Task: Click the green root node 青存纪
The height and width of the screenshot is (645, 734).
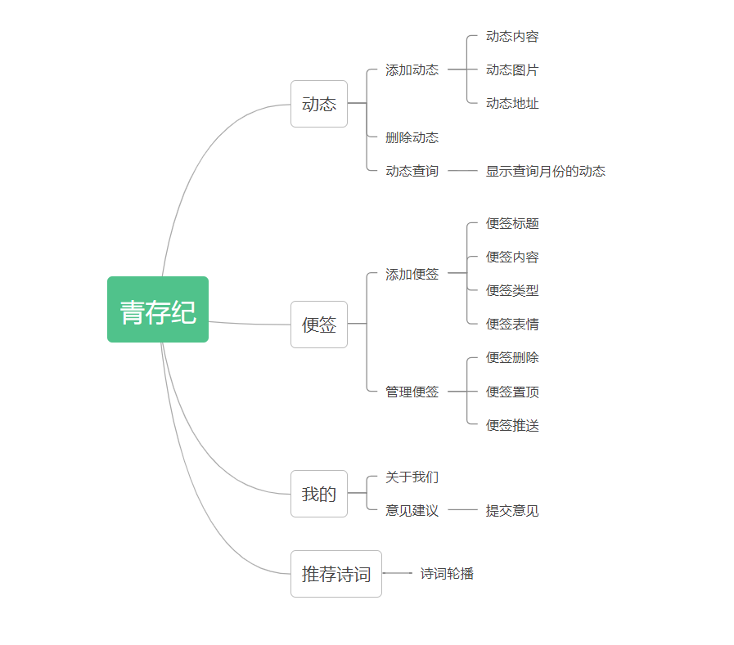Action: click(x=158, y=310)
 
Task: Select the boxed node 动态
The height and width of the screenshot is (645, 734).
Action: click(x=319, y=104)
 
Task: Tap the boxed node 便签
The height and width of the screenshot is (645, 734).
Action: click(x=319, y=325)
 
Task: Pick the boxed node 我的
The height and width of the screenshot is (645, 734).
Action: click(x=319, y=494)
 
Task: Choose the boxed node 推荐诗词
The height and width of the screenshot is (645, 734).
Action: click(x=336, y=574)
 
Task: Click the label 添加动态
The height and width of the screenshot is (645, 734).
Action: click(x=412, y=70)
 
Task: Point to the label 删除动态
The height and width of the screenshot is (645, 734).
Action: click(x=412, y=137)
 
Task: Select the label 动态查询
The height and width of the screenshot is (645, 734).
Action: click(x=412, y=171)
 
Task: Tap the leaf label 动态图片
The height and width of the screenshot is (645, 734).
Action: click(x=512, y=70)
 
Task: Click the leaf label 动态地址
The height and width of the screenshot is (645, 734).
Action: click(x=512, y=104)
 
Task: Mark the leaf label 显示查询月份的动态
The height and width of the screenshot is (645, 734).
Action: click(x=546, y=171)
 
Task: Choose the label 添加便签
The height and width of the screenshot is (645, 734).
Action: click(x=412, y=275)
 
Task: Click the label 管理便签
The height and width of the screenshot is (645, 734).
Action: click(x=412, y=392)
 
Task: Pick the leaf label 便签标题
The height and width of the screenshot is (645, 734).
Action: click(x=512, y=223)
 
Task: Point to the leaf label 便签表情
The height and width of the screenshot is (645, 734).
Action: click(x=512, y=324)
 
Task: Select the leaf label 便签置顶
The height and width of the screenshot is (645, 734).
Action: click(x=512, y=392)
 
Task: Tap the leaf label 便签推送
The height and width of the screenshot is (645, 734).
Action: click(x=512, y=425)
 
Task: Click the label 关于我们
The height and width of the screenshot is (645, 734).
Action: click(x=412, y=477)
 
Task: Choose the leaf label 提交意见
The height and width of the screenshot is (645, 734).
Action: click(x=512, y=511)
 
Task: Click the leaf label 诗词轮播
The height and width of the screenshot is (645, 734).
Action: click(x=447, y=574)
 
